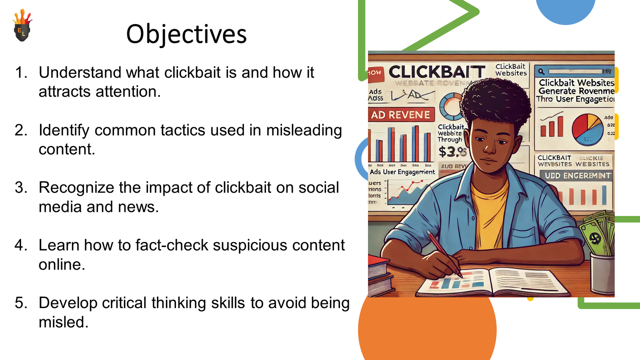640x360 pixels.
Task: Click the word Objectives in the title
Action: [186, 34]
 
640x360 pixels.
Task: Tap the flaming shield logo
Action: [22, 26]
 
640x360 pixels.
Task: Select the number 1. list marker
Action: [21, 73]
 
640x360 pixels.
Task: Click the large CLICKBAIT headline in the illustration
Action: [437, 72]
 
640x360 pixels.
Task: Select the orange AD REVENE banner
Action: [401, 115]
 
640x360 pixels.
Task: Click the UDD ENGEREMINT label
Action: [577, 176]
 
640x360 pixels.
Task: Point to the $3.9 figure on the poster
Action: [452, 152]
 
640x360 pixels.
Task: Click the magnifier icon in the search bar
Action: [541, 72]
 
